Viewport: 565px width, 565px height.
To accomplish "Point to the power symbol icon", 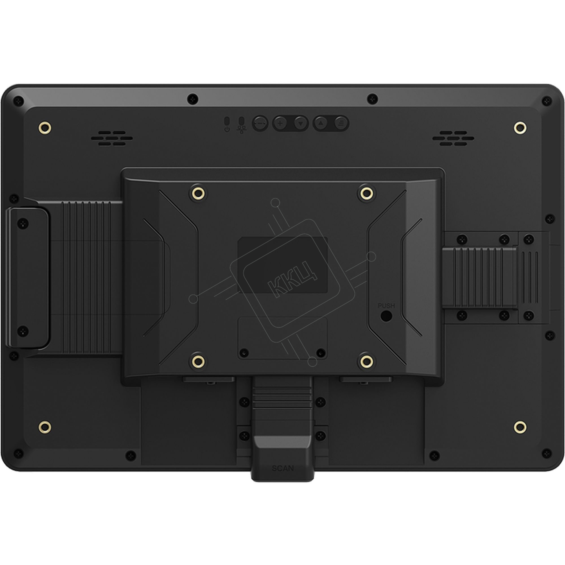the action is coord(227,129).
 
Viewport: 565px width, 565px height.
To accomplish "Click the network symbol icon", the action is coord(242,130).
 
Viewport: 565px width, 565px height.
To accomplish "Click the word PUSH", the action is coord(386,306).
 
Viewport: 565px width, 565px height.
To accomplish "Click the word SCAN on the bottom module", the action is coord(283,468).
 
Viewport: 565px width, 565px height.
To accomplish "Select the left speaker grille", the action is coord(112,138).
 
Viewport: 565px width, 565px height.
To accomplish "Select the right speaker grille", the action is coord(453,138).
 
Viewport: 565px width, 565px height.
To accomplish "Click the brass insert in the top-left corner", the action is coord(45,128).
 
